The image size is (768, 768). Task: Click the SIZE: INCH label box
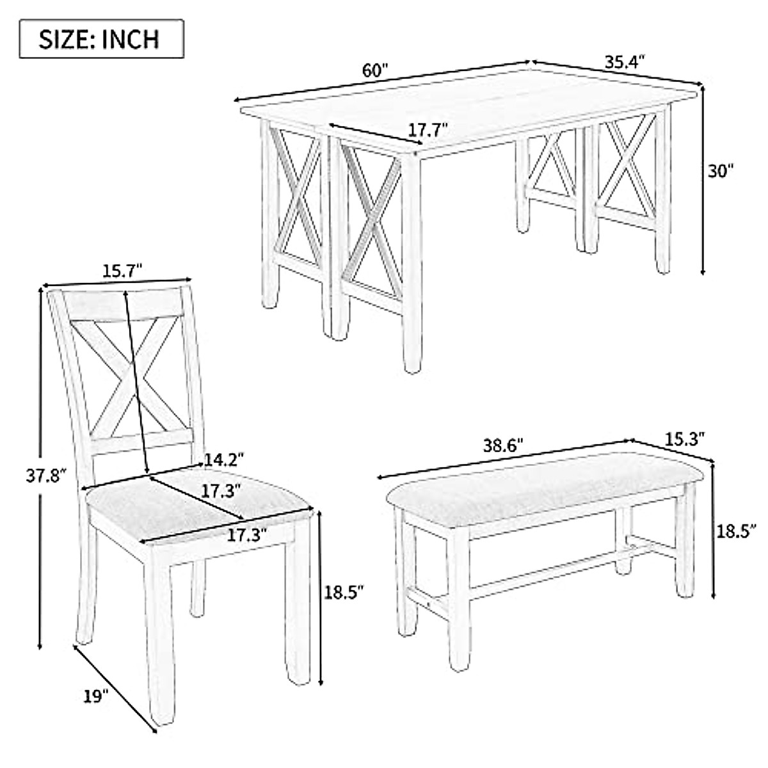click(101, 39)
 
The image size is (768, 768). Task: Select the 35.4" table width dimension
click(624, 61)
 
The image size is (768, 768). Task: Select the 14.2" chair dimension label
click(225, 460)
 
